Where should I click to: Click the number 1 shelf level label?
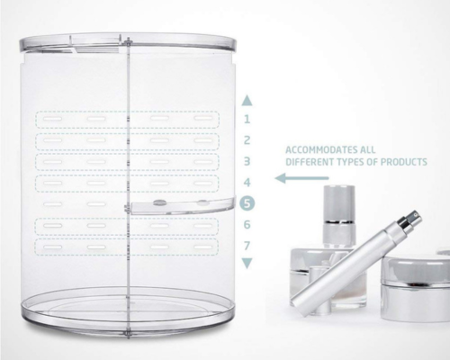coord(247,120)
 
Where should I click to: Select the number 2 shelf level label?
coord(247,140)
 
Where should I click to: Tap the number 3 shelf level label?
coord(247,161)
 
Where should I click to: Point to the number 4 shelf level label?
coord(247,183)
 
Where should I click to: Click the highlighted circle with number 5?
coord(247,203)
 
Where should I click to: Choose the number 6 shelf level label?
coord(247,224)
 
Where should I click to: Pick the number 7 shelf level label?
coord(247,246)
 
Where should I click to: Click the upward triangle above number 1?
coord(247,101)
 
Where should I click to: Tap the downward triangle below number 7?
coord(247,263)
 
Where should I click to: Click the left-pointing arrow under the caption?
coord(301,178)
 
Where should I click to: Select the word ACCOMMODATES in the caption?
coord(318,149)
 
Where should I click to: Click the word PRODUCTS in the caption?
coord(404,162)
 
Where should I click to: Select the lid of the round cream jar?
coord(416,267)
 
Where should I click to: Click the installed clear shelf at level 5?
coord(183,206)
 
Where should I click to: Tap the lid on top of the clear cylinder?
coord(128,42)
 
